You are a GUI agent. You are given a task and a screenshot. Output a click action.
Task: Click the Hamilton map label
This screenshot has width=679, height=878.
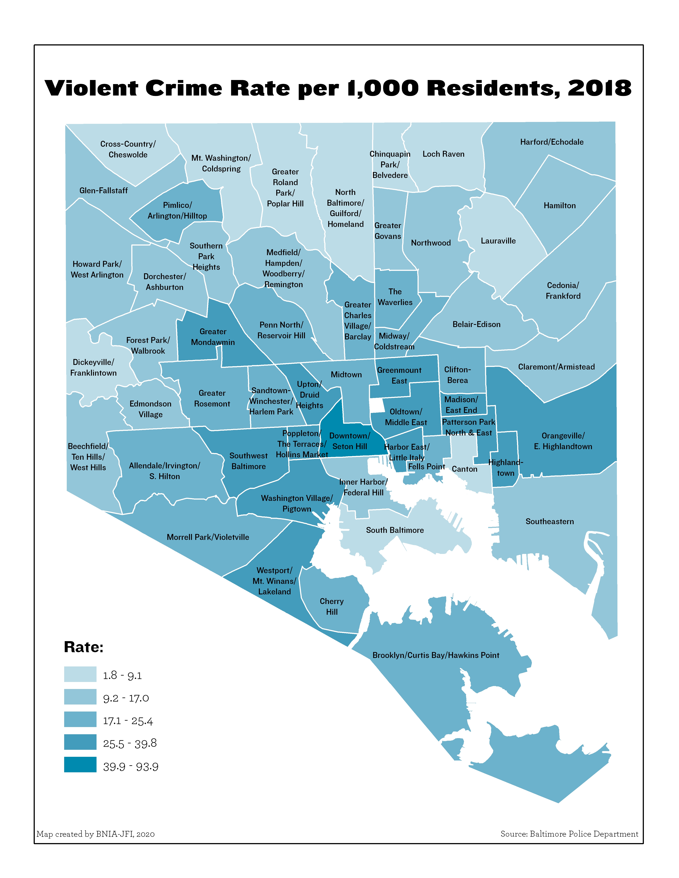pos(560,205)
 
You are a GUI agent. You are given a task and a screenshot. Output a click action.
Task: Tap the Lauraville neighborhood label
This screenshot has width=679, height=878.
pos(498,241)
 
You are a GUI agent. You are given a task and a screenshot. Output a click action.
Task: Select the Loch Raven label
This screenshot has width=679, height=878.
pos(443,154)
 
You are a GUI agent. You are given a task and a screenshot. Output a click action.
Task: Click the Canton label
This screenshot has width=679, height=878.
pos(465,469)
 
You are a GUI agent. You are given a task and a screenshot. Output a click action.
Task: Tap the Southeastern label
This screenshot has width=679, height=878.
pos(550,521)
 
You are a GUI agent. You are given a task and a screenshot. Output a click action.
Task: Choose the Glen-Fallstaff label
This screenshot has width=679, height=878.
pos(103,190)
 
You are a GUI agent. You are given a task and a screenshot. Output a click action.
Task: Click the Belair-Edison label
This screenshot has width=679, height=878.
pos(476,324)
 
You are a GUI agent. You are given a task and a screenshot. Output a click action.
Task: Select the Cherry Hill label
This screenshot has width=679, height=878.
pos(331,606)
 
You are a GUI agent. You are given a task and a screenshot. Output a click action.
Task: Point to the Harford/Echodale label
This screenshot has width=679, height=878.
pos(551,142)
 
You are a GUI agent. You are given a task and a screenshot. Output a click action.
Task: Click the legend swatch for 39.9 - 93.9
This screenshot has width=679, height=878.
pos(80,765)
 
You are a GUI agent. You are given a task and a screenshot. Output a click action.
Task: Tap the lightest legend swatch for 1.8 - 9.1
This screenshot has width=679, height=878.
pos(80,674)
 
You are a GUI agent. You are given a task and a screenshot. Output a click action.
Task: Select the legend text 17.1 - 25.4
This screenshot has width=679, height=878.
pos(128,721)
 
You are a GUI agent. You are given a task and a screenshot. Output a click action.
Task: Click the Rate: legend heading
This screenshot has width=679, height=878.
pos(84,647)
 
